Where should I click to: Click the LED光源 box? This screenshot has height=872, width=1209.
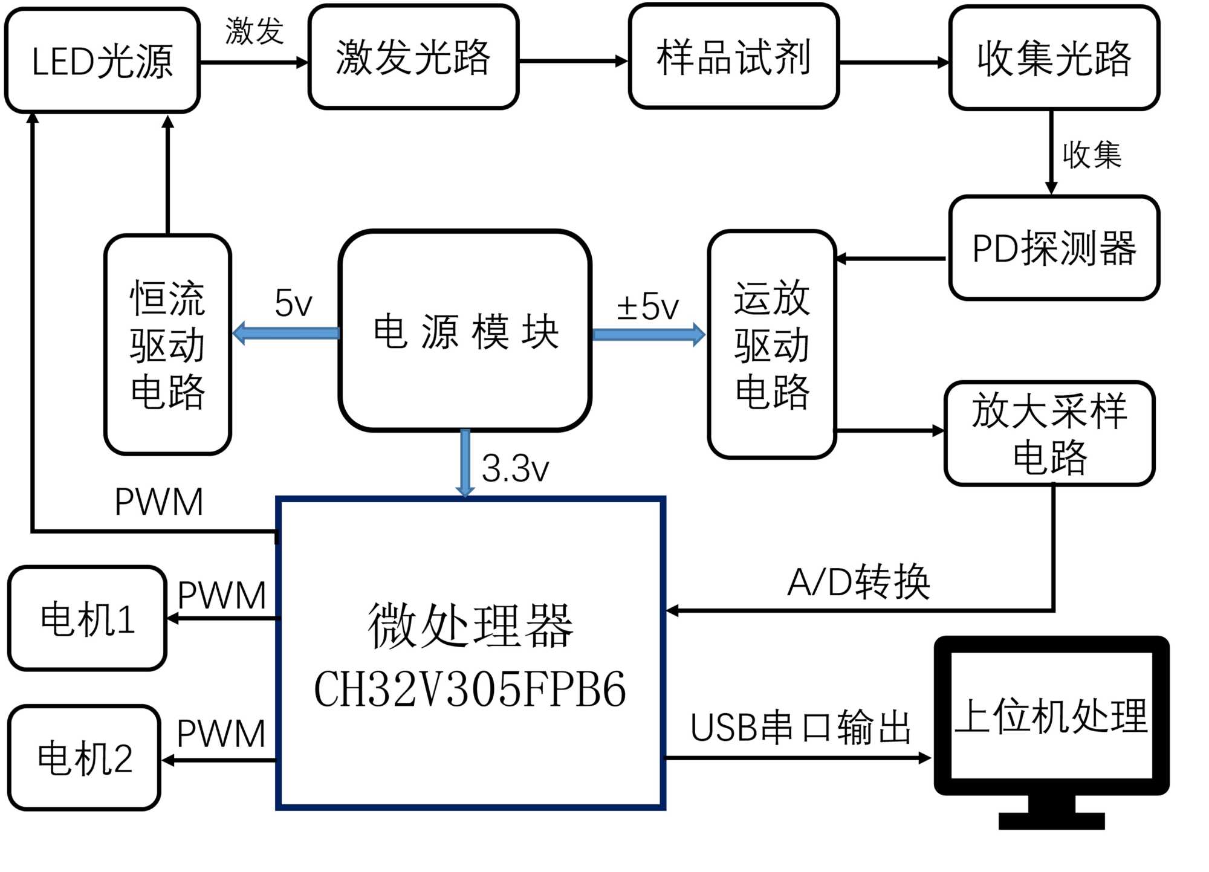pyautogui.click(x=102, y=60)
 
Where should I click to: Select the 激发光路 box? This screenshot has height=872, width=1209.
pyautogui.click(x=413, y=57)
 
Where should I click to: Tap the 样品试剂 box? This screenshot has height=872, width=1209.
pyautogui.click(x=733, y=57)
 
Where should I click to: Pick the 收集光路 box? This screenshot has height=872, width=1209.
pyautogui.click(x=1054, y=59)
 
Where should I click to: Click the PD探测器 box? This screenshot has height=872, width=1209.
pyautogui.click(x=1054, y=248)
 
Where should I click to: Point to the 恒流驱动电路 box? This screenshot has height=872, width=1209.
pyautogui.click(x=167, y=344)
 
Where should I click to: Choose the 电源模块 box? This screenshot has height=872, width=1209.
pyautogui.click(x=465, y=331)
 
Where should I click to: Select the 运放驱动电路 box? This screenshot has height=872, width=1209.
pyautogui.click(x=772, y=344)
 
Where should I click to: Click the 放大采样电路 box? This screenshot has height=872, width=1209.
pyautogui.click(x=1049, y=433)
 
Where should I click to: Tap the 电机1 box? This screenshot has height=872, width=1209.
pyautogui.click(x=87, y=619)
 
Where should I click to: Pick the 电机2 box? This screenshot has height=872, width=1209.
pyautogui.click(x=85, y=758)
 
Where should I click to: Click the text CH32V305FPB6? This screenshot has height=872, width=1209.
pyautogui.click(x=470, y=690)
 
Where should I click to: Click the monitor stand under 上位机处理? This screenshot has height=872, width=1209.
pyautogui.click(x=1051, y=813)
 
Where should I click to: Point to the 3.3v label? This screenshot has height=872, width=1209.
pyautogui.click(x=515, y=468)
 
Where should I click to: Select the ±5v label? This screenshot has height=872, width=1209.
pyautogui.click(x=647, y=306)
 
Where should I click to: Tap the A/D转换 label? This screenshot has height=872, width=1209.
pyautogui.click(x=858, y=582)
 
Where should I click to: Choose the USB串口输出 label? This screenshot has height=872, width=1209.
pyautogui.click(x=800, y=728)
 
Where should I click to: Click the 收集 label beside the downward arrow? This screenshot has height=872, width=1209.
pyautogui.click(x=1092, y=155)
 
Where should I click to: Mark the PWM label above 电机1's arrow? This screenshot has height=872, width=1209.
pyautogui.click(x=222, y=595)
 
